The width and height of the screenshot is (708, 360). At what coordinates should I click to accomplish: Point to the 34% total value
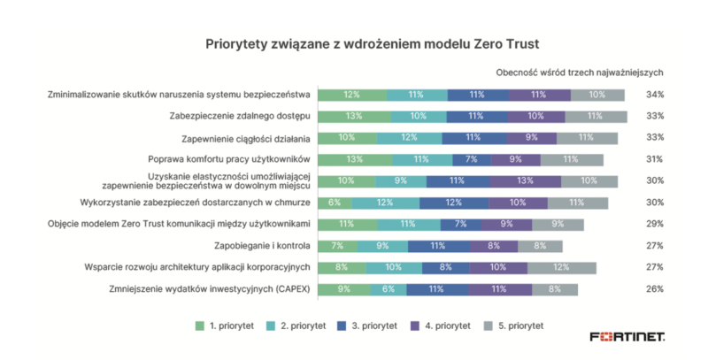click(x=654, y=95)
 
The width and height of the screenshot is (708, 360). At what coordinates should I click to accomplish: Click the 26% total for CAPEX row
click(x=654, y=289)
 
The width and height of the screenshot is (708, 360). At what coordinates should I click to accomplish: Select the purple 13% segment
click(x=525, y=181)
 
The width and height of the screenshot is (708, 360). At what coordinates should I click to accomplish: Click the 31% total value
click(x=654, y=159)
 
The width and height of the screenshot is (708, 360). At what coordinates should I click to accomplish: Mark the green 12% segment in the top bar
click(x=350, y=95)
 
